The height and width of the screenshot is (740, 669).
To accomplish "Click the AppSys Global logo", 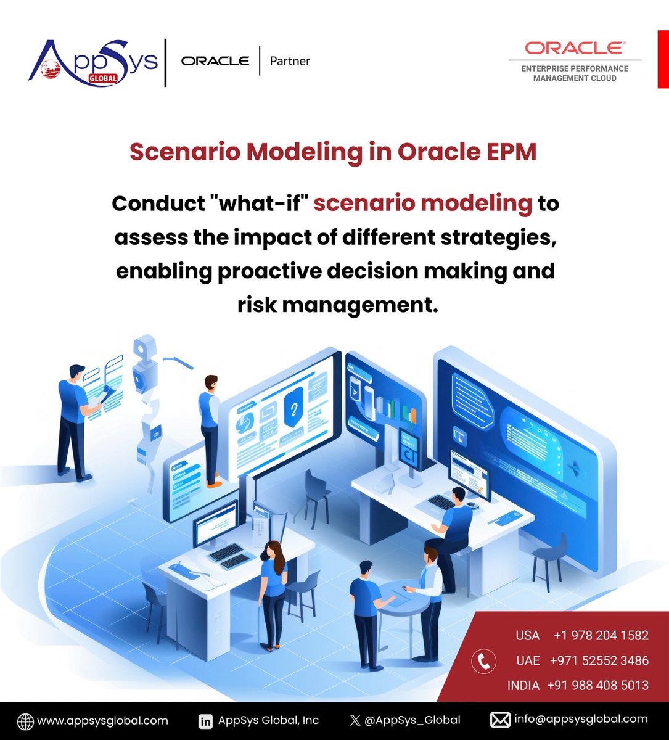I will click(x=92, y=62).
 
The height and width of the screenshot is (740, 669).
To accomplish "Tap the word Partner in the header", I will click(x=290, y=61).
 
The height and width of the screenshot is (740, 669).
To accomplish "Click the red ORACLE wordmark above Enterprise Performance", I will click(x=575, y=48).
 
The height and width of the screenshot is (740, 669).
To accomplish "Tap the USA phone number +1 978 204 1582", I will click(x=601, y=635).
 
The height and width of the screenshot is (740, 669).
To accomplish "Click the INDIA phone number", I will click(x=597, y=685).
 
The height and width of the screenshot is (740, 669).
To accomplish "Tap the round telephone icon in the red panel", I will click(x=484, y=661).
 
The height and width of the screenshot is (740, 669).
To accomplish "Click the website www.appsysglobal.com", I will click(x=102, y=720).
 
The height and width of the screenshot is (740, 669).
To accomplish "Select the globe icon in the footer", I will click(x=25, y=721).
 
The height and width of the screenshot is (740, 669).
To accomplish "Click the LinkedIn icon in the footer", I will click(x=206, y=720).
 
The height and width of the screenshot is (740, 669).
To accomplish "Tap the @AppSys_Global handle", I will click(x=412, y=720).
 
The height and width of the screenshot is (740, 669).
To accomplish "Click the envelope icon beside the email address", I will click(x=499, y=720).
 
